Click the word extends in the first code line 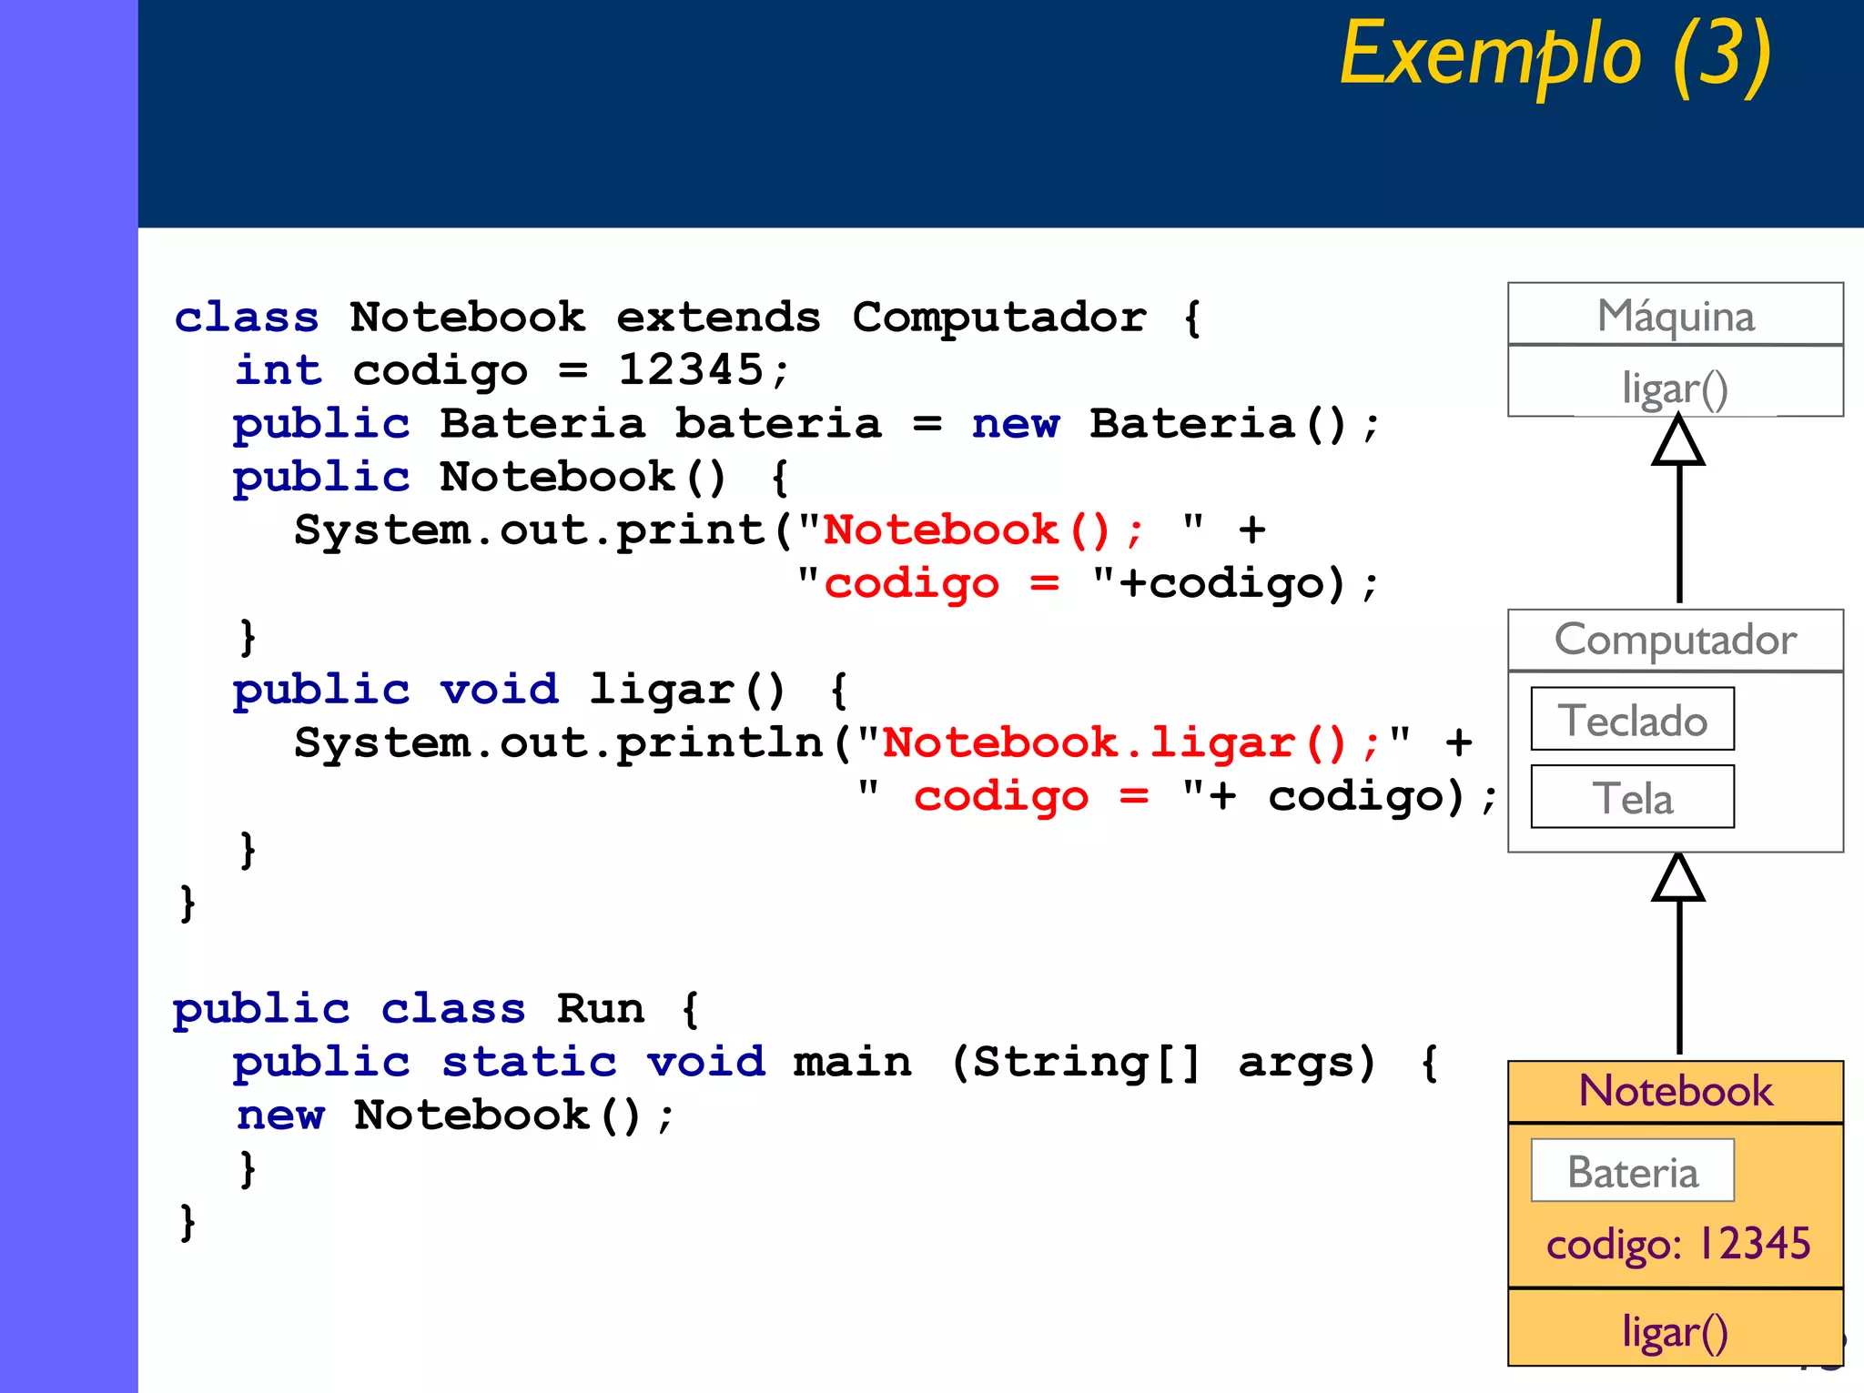718,318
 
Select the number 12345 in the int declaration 690,370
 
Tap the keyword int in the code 279,370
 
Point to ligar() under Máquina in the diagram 1675,389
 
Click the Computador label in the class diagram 1675,640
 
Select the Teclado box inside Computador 1632,720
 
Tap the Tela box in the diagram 1632,798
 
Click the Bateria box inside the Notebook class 1632,1171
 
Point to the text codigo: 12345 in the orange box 1677,1244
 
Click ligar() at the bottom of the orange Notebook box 1675,1331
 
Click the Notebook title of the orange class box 1675,1091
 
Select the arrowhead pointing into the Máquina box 1678,443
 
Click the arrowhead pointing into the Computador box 1678,880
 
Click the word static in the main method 529,1062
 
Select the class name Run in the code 600,1009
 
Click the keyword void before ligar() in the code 499,690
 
